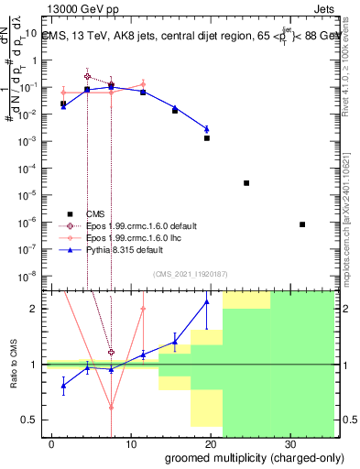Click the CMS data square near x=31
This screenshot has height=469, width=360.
[302, 224]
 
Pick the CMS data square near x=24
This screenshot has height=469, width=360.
[246, 183]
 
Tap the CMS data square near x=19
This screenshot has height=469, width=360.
[207, 138]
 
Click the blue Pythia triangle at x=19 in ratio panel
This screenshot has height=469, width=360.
[207, 301]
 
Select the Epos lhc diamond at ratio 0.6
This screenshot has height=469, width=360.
[111, 408]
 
